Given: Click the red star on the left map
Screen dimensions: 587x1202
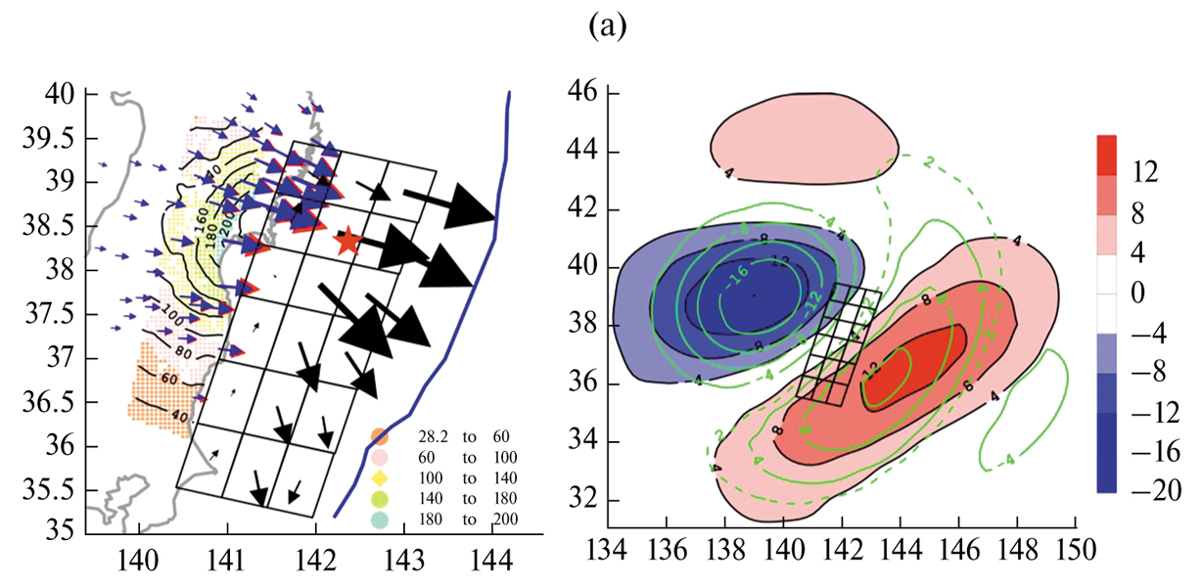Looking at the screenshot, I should pos(347,240).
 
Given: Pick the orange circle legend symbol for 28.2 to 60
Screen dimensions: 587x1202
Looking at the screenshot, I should pos(379,437).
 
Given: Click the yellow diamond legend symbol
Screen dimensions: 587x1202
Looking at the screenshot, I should pos(379,478).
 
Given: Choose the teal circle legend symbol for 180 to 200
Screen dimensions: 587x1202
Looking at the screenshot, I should pos(379,519).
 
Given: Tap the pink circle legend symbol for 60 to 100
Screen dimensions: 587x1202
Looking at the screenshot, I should pos(379,458).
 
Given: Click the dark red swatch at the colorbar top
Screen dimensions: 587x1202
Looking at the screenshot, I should pos(1103,155).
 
